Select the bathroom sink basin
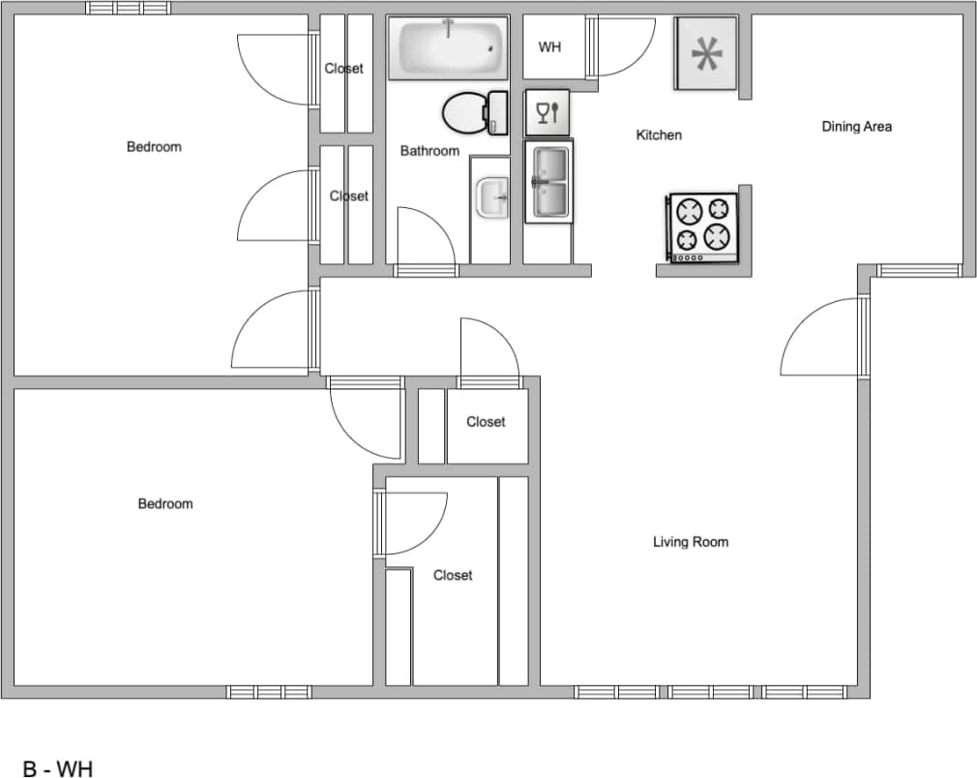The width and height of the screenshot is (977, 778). point(492,198)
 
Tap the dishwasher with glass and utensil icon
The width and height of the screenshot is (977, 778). point(548,112)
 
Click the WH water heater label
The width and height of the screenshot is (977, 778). point(549,47)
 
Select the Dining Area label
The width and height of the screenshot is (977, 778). point(856,127)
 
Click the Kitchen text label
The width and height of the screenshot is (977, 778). point(658,135)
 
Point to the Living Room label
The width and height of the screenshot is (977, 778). point(690,542)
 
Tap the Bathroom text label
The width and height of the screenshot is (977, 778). point(429,151)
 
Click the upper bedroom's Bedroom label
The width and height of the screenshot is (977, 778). point(154,147)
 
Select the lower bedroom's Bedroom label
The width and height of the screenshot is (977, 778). point(164,504)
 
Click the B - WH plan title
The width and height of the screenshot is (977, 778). point(58,769)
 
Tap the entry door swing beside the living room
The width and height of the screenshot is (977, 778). point(822,339)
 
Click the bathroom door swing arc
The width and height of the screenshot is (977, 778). point(426,237)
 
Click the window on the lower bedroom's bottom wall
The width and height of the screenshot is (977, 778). point(269,692)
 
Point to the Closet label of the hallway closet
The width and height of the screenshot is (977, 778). point(486,422)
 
